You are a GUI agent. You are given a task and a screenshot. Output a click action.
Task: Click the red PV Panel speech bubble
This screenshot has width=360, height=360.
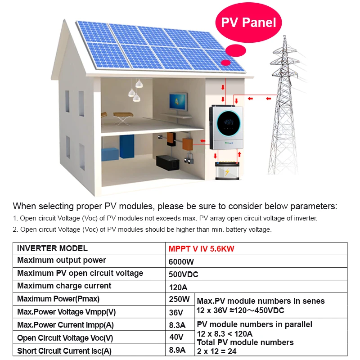[249, 22]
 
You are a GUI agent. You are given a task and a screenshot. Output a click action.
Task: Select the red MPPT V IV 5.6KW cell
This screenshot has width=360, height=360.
[202, 248]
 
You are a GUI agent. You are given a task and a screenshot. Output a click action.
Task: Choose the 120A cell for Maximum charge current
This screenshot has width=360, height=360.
[178, 287]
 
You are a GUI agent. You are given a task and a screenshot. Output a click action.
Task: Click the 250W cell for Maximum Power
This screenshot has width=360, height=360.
[180, 299]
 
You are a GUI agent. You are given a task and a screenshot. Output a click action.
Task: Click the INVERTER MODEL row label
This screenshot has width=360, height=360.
[52, 248]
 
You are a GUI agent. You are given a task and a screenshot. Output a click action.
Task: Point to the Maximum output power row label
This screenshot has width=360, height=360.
[62, 261]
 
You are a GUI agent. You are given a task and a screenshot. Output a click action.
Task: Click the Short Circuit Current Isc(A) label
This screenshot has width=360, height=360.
[64, 351]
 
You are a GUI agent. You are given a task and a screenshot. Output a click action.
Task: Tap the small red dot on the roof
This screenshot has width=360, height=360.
[226, 63]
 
